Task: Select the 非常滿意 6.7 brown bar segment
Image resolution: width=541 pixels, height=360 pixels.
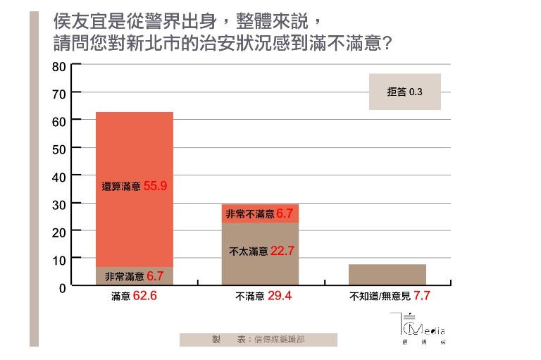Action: pyautogui.click(x=134, y=276)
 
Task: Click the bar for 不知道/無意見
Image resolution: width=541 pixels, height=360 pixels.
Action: pyautogui.click(x=387, y=275)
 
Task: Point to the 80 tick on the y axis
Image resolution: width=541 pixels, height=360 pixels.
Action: pyautogui.click(x=59, y=66)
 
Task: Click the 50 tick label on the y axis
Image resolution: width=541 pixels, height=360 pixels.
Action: pyautogui.click(x=59, y=149)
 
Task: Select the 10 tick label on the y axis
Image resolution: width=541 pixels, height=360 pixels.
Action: pyautogui.click(x=59, y=259)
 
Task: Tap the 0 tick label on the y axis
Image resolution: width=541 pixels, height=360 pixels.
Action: pyautogui.click(x=62, y=287)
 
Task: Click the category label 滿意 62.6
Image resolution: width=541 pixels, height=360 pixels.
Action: pyautogui.click(x=134, y=297)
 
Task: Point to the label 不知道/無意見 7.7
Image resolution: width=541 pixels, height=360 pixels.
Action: pyautogui.click(x=390, y=297)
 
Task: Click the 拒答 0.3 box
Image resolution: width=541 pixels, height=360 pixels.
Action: pyautogui.click(x=404, y=92)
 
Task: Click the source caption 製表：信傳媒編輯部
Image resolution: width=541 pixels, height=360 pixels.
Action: pyautogui.click(x=258, y=340)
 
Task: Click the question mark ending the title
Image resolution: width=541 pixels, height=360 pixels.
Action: pyautogui.click(x=385, y=44)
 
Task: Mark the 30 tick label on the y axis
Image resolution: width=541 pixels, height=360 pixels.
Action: pyautogui.click(x=59, y=204)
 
